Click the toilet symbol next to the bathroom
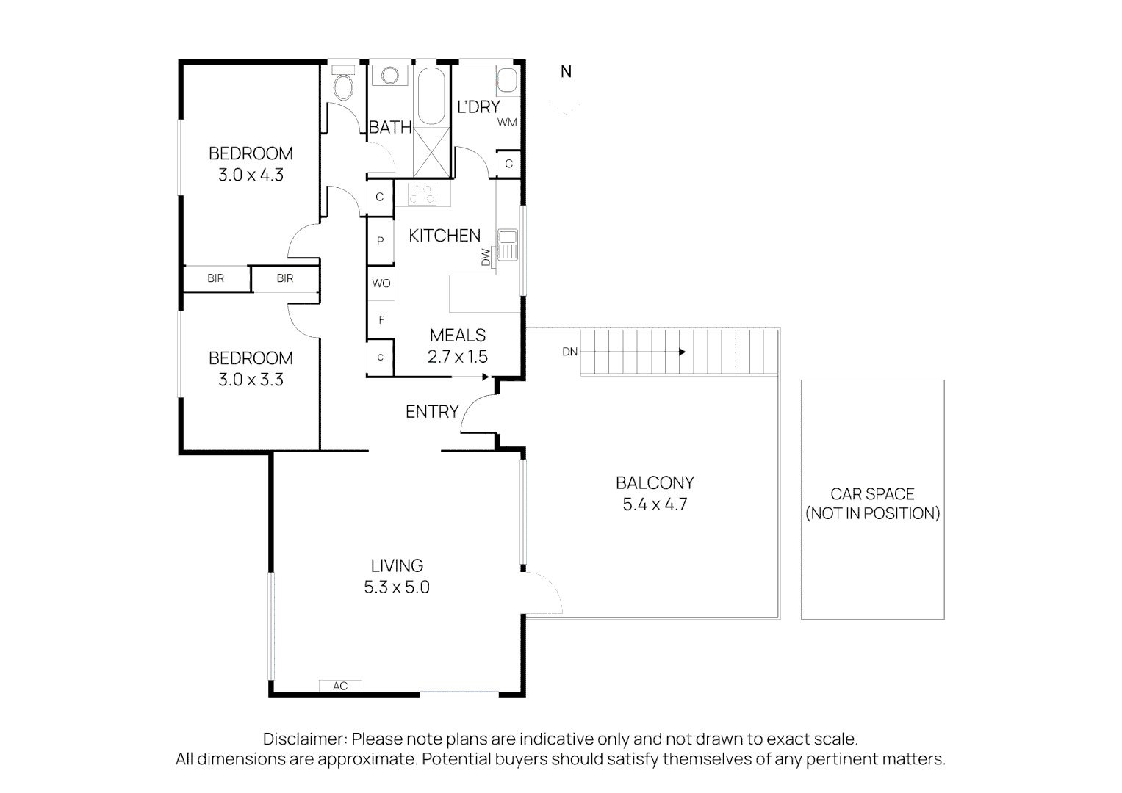[x=342, y=87]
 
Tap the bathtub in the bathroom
[x=431, y=96]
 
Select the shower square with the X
[x=431, y=152]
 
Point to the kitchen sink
[x=507, y=244]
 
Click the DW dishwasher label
[x=486, y=257]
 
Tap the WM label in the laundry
[x=507, y=123]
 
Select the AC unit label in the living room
[x=339, y=686]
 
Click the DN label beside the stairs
[x=569, y=352]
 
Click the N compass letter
[x=566, y=72]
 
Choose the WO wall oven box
[x=381, y=283]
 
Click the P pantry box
[x=381, y=241]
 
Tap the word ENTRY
[x=432, y=412]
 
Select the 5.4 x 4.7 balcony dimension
[x=655, y=504]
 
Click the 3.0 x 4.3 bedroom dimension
[x=251, y=175]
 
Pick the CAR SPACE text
[x=872, y=494]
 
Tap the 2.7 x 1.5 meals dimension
[x=458, y=357]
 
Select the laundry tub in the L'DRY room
[x=508, y=81]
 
